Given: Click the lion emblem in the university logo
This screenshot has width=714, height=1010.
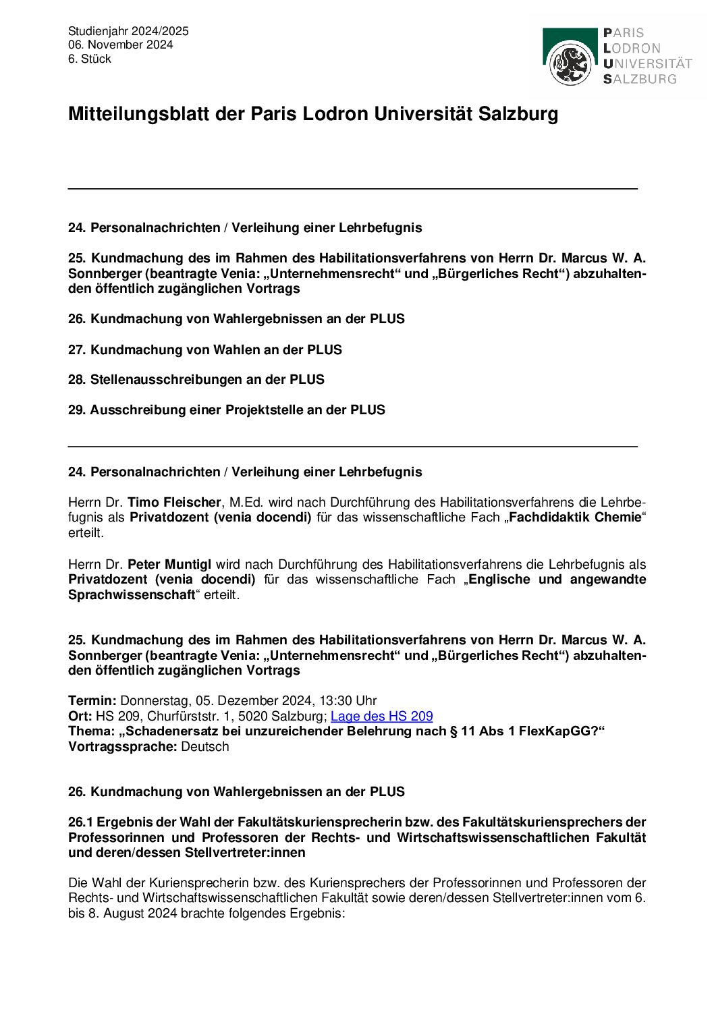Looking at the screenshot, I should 570,63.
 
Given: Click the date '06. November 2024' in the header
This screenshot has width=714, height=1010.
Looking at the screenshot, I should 120,45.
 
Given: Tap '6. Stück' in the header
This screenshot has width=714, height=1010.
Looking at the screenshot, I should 89,59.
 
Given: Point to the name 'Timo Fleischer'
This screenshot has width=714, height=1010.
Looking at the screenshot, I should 174,503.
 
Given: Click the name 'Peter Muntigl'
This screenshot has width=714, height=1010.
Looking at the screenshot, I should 169,565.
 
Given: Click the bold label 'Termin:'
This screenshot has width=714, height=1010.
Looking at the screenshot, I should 92,701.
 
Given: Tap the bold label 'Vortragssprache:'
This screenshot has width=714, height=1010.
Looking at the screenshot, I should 123,747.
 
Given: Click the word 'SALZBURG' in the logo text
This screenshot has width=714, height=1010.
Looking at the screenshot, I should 640,79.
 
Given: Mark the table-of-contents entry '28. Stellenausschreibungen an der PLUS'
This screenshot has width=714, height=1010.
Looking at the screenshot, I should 196,380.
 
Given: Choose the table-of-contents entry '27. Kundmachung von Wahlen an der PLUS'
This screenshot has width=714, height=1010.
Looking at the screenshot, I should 204,350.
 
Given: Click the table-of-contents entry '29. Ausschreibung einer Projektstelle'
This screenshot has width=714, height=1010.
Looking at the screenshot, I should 226,410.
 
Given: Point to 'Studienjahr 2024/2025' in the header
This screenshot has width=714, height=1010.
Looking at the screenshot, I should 128,31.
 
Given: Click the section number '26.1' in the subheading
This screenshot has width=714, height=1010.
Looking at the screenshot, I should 81,822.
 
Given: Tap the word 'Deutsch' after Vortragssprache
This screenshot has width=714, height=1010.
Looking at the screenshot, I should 205,747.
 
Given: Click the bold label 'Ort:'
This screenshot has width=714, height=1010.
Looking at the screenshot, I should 80,717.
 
